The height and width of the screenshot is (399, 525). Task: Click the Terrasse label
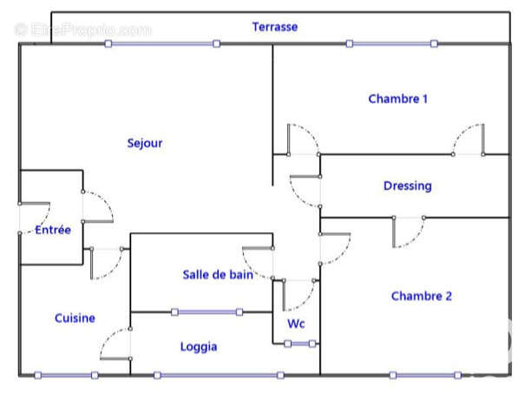coord(275,27)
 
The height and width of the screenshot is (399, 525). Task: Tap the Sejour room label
coord(145,143)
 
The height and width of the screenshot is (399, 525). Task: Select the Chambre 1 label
coord(397,99)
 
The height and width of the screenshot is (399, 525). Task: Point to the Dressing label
coord(407,186)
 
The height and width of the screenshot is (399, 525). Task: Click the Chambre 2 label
coord(421,296)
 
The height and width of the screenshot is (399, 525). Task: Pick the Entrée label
coord(53,230)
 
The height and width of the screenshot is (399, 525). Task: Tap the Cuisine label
coord(75,318)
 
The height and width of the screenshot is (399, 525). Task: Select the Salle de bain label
coord(218,275)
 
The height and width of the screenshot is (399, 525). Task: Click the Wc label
coord(295,324)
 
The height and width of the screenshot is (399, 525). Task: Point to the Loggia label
coord(199,347)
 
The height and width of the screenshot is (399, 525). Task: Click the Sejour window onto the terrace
coord(162,43)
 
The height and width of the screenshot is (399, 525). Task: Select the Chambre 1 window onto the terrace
coord(391,43)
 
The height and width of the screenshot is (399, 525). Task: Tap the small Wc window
coord(300,343)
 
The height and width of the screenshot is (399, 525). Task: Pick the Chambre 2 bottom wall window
coord(426,376)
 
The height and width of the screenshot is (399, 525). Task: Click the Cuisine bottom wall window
coord(66,376)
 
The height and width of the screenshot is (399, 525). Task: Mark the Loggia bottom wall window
coord(219,376)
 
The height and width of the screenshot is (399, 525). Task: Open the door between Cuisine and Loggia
coord(115,344)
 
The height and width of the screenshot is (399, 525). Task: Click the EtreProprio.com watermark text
coord(83,29)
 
